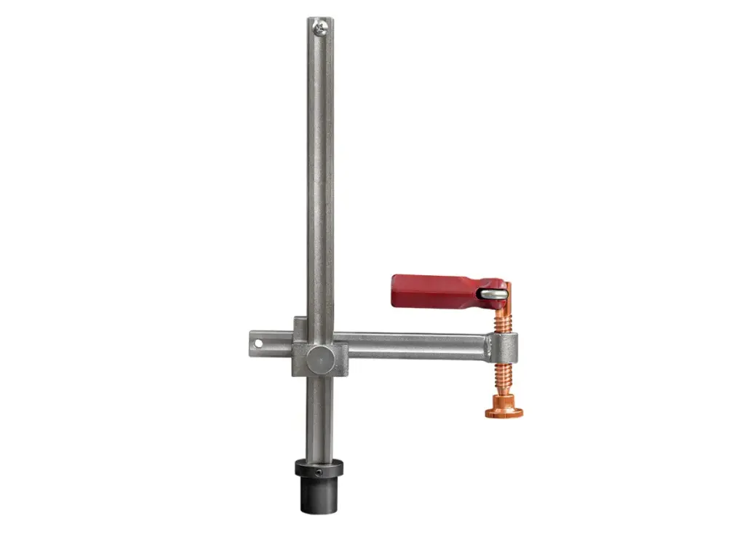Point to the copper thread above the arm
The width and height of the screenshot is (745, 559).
point(503,320)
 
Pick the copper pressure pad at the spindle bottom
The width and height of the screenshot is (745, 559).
point(503,413)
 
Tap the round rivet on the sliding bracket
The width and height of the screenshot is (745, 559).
point(318,358)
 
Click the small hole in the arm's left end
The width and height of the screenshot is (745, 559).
point(256,341)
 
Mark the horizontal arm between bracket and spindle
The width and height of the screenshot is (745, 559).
point(415,346)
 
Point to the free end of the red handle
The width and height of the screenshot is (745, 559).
point(397,290)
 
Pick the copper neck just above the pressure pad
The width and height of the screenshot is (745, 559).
point(503,400)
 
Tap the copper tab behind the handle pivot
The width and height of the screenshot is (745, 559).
point(508,295)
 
